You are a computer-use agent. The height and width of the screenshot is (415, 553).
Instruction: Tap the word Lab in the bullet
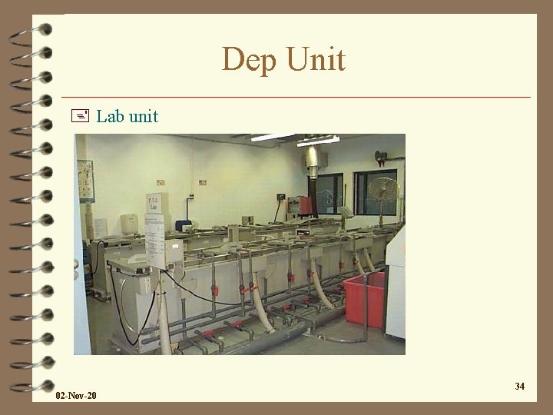click(x=110, y=117)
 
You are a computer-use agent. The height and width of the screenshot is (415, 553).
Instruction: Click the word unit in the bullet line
click(x=143, y=117)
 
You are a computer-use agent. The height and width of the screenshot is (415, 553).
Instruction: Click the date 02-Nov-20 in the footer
click(x=76, y=395)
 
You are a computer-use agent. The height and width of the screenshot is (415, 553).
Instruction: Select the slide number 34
click(x=520, y=386)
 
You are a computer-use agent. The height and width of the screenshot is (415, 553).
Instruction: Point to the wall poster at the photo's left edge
click(x=84, y=181)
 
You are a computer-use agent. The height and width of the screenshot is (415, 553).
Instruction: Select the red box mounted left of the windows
click(x=305, y=205)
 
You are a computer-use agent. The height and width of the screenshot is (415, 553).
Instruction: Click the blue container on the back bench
click(x=182, y=225)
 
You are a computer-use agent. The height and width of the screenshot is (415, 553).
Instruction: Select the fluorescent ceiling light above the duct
click(x=318, y=141)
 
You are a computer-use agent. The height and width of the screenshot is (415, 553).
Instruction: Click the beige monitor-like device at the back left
click(x=130, y=224)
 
